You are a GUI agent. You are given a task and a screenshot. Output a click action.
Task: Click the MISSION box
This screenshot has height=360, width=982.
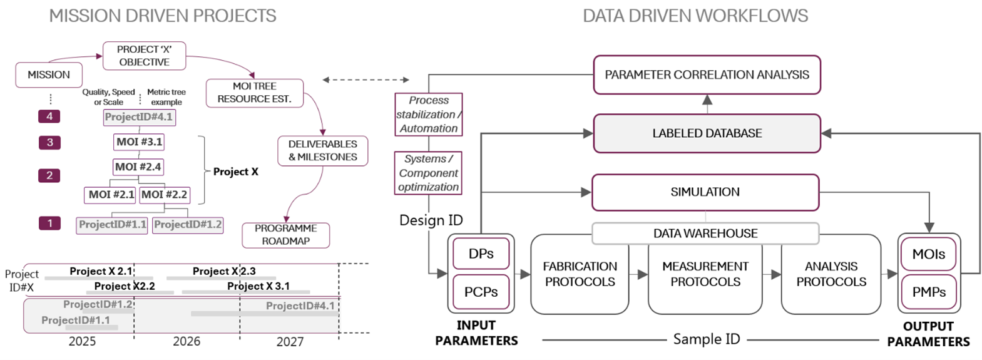tap(49, 75)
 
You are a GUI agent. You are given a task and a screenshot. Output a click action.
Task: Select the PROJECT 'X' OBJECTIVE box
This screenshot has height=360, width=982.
tap(144, 56)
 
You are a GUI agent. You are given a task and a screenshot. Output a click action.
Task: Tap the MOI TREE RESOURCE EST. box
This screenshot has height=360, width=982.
tap(254, 93)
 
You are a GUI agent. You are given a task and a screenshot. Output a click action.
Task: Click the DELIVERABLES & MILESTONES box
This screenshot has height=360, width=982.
tap(322, 151)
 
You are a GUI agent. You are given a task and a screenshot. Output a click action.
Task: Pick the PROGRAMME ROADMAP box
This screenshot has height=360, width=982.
tap(285, 235)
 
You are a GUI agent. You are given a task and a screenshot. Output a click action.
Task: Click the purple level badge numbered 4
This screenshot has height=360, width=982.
tap(49, 116)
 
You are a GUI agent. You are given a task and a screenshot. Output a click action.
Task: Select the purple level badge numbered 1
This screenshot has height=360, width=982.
tap(49, 223)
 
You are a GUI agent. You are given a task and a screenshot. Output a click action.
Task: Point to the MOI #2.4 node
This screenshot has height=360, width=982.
tap(138, 167)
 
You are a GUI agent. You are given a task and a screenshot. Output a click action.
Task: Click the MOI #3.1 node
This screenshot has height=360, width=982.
tap(139, 142)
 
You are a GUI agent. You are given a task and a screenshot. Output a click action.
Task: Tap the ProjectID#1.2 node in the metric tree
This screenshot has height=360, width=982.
tap(188, 225)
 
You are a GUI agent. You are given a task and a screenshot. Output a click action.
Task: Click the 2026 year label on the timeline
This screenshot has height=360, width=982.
tap(187, 341)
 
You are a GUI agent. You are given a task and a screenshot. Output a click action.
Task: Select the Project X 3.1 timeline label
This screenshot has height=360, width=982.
tap(258, 286)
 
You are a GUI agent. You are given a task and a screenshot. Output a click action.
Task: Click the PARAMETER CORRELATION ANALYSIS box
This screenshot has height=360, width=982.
tap(707, 75)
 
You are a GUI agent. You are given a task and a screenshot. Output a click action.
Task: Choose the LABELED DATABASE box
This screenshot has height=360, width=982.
tap(707, 133)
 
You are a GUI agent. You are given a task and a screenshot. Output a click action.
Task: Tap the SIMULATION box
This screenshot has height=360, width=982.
tap(705, 192)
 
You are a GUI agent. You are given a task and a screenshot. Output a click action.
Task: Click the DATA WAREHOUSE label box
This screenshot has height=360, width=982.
tap(705, 234)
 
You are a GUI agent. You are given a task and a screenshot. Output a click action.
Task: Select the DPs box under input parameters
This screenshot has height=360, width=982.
tap(481, 254)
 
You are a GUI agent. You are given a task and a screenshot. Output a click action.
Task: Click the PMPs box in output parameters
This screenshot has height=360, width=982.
tap(929, 292)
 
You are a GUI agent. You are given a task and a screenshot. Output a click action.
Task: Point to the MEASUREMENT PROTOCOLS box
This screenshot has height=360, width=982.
tap(705, 274)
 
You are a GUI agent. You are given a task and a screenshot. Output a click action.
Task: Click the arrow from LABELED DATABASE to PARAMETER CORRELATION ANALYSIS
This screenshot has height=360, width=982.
tap(707, 104)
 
